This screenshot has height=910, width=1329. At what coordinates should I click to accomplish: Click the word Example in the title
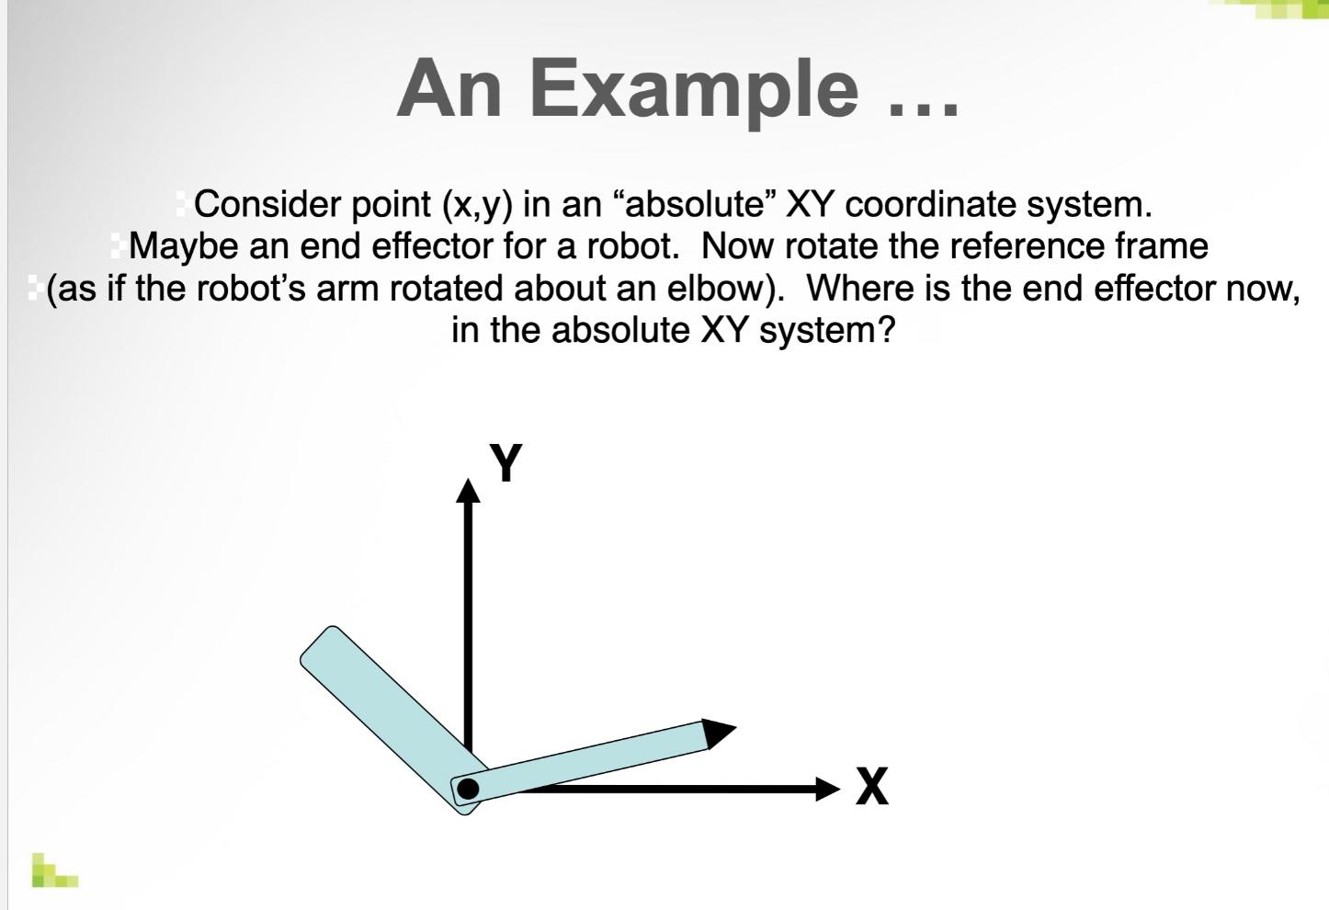coord(694,92)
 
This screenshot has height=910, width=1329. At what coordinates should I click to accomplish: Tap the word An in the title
coord(449,87)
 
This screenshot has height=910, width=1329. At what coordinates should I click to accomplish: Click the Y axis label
coord(505,462)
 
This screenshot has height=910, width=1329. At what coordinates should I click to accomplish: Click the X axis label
coord(872,785)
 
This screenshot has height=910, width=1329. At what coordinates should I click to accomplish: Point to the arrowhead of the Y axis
coord(468,491)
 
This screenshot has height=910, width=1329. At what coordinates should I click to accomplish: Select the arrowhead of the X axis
coord(828,789)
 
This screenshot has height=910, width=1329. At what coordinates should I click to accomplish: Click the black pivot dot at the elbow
coord(468,789)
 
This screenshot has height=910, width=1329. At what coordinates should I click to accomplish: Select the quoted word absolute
coord(694,204)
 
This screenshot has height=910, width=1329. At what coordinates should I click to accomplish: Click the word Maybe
coord(184,246)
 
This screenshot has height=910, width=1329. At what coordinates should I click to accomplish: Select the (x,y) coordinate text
coord(477,205)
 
